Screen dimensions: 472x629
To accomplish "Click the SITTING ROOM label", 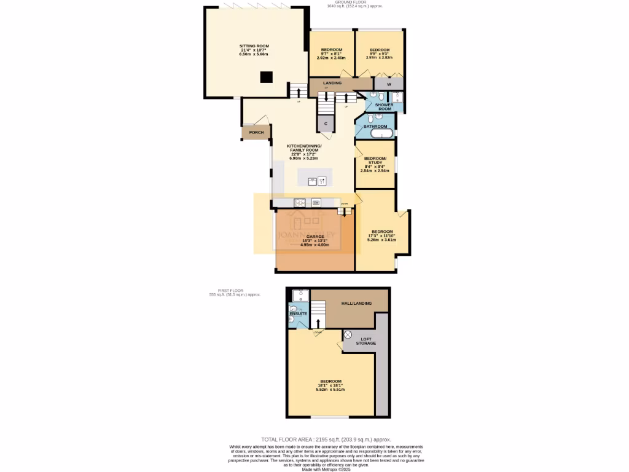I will click(254, 46).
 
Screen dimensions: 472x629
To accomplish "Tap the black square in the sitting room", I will click(266, 77).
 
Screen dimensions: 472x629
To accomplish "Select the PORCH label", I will click(256, 132).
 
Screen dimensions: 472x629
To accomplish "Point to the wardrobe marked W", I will click(389, 84).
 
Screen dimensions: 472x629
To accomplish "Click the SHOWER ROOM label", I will click(385, 107).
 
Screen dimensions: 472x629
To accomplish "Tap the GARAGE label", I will click(314, 236).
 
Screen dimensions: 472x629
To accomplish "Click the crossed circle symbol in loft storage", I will click(348, 335).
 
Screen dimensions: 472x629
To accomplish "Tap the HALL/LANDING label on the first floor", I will click(357, 303).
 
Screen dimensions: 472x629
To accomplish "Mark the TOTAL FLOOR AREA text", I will click(326, 439).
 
